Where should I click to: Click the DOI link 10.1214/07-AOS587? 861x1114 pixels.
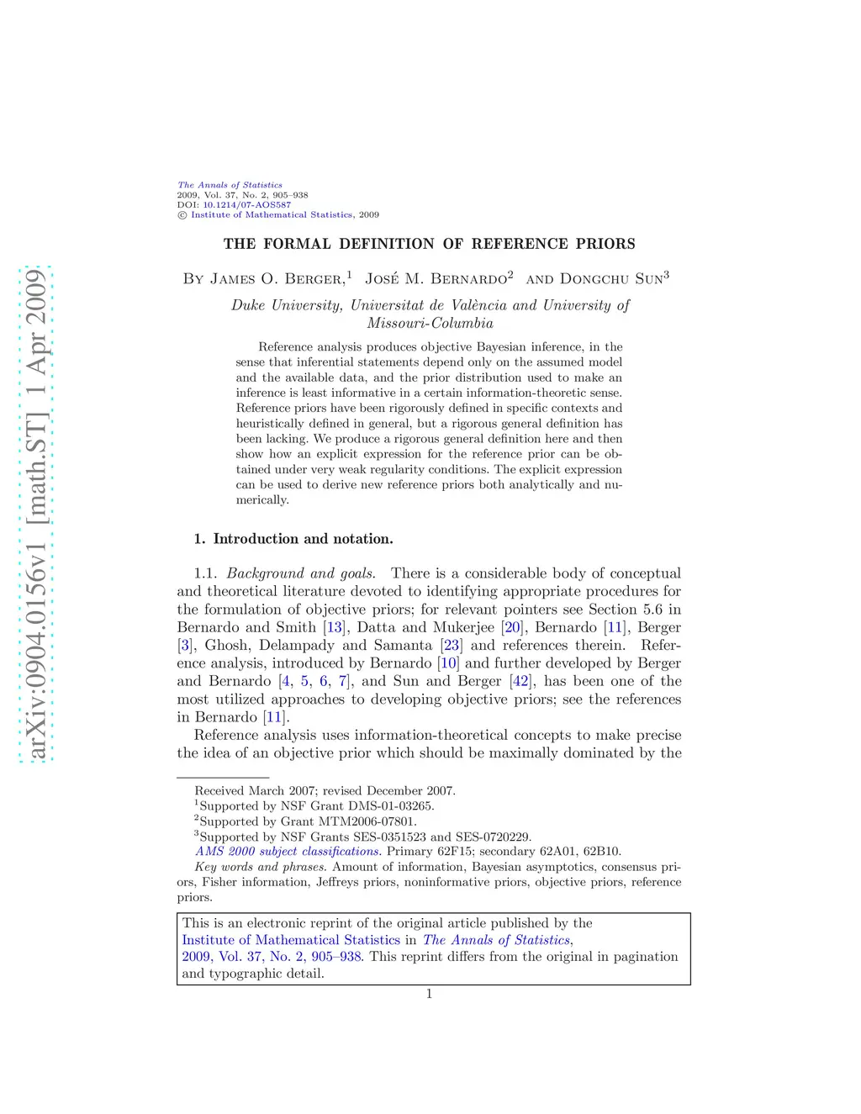point(246,204)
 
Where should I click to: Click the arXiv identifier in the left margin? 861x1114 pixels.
point(35,513)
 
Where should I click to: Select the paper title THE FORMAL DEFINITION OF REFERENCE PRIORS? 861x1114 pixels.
point(429,244)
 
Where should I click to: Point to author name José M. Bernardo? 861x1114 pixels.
point(436,278)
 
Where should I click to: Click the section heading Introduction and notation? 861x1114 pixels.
point(303,539)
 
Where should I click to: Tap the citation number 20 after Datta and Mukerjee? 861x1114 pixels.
point(513,627)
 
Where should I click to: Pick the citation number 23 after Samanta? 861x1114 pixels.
point(452,646)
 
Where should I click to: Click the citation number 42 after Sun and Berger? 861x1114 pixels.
point(520,681)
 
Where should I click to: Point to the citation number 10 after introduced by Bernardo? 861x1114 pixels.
point(448,663)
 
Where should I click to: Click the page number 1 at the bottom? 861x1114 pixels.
point(429,994)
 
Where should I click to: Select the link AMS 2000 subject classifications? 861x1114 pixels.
point(288,852)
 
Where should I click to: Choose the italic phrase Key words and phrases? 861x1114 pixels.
point(260,867)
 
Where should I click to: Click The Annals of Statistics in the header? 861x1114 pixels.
point(230,185)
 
